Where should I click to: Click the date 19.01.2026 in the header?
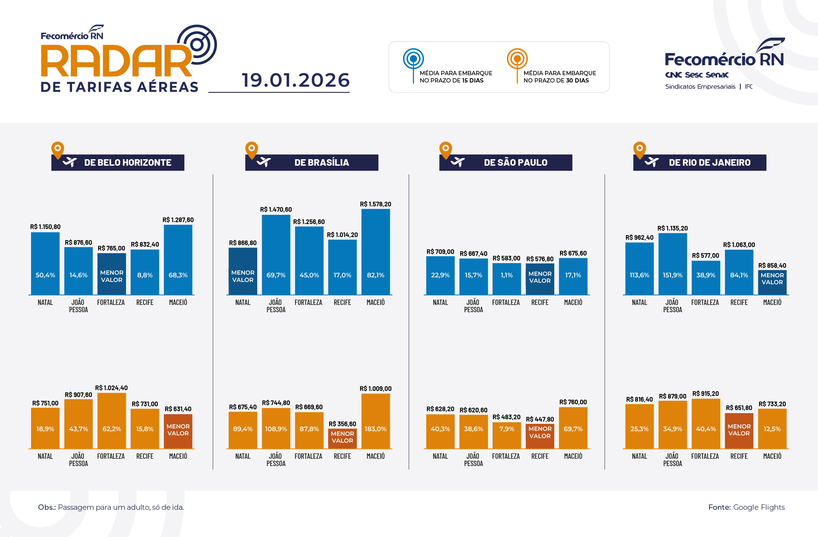pos(296,80)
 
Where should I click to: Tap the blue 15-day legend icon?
pos(413,59)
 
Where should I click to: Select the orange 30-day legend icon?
pos(517,59)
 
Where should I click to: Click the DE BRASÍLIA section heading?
pos(322,163)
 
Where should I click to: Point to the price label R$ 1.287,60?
pos(178,220)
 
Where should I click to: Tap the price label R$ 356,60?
pos(342,424)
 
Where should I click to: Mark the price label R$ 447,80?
pos(540,419)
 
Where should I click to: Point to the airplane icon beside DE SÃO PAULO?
pos(458,162)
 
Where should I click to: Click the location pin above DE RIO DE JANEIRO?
pos(639,149)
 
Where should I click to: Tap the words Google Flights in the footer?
pos(759,507)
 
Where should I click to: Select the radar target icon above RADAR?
pos(197,44)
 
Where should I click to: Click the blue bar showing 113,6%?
pos(639,268)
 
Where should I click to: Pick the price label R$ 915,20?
pos(705,394)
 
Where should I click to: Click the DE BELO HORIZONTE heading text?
pos(128,163)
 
